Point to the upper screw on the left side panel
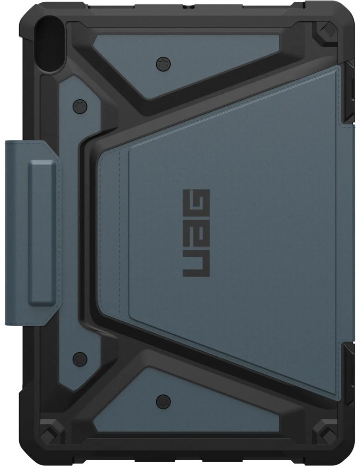click(80, 106)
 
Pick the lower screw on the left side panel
click(80, 359)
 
